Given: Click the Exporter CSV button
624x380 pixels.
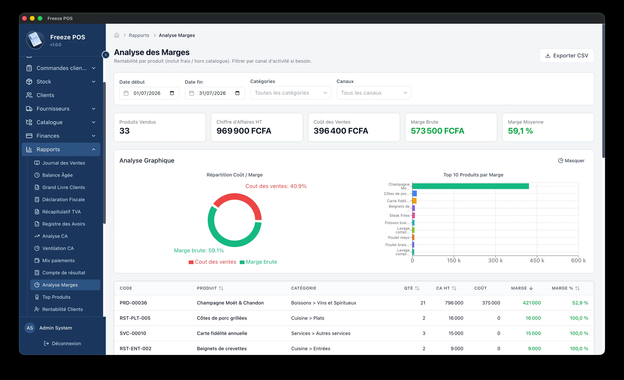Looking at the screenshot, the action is tap(566, 56).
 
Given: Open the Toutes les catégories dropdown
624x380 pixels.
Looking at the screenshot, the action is tap(291, 93).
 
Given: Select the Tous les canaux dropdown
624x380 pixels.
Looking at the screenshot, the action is tap(373, 93).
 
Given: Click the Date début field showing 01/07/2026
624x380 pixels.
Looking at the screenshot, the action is tap(149, 93).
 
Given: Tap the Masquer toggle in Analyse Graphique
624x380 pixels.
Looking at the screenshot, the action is tap(571, 161).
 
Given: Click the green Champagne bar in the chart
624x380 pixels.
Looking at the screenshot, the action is tap(470, 186).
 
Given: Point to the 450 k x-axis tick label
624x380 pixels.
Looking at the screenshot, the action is tap(537, 260).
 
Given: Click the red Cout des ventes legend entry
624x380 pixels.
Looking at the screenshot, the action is tap(212, 262).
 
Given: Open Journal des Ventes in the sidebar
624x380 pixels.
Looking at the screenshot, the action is tap(64, 163).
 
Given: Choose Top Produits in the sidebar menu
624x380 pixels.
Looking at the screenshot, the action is tap(56, 297).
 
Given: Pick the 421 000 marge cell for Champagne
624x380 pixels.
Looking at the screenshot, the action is tap(532, 303).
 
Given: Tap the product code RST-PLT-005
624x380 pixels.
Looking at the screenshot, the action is tap(135, 318).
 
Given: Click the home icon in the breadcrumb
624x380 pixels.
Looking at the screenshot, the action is tap(117, 35).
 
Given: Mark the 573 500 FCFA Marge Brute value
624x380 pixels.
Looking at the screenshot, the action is tap(437, 131).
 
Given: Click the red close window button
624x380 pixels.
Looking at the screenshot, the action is tap(25, 18).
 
